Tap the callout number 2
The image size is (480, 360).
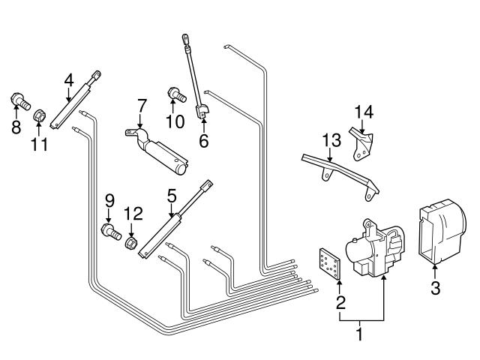point(340,304)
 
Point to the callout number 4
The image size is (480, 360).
point(69,79)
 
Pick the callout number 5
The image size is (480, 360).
point(172,196)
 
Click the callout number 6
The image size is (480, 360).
point(203,139)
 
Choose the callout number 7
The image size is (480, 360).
point(140,106)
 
